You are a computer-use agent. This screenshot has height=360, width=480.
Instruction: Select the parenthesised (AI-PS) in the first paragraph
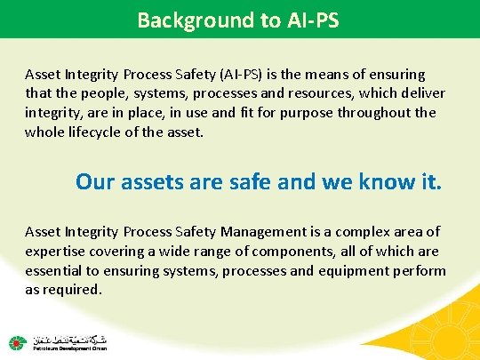pyautogui.click(x=249, y=75)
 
